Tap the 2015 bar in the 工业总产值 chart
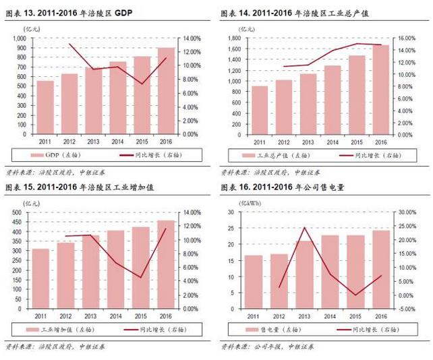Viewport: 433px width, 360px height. [357, 95]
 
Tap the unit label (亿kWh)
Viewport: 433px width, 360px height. [236, 203]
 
